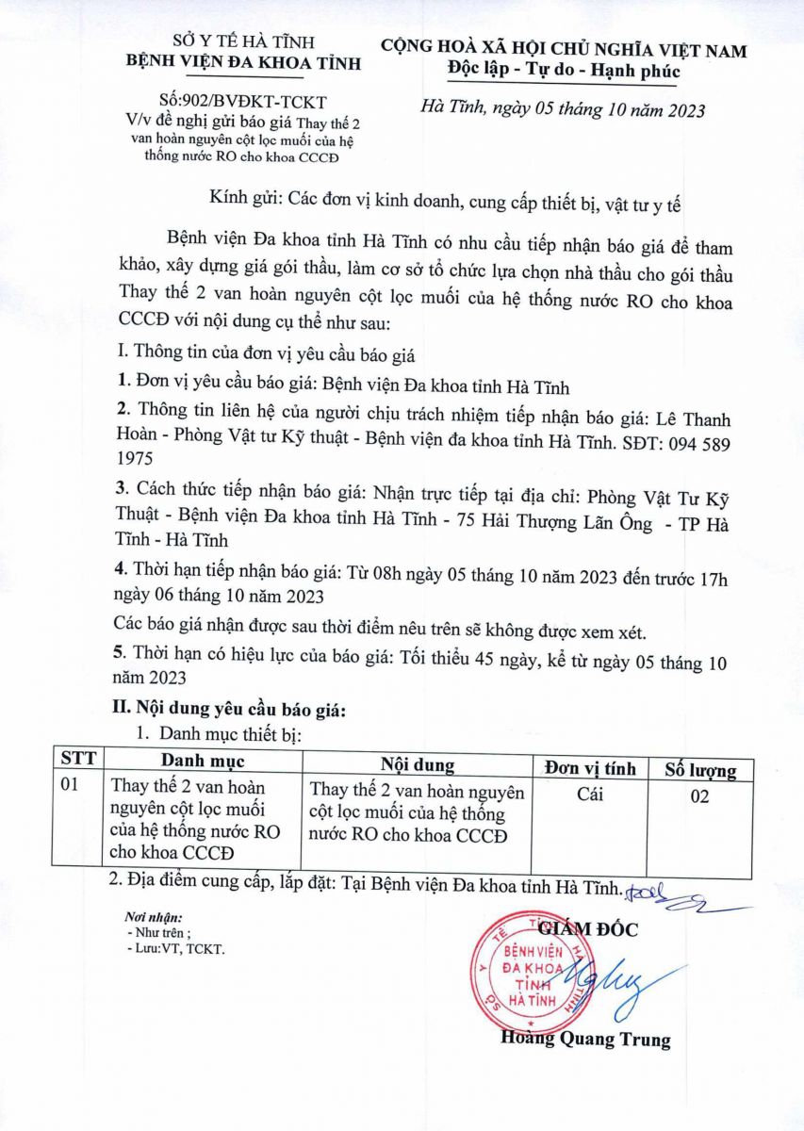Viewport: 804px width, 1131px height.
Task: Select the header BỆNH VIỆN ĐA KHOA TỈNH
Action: pyautogui.click(x=243, y=62)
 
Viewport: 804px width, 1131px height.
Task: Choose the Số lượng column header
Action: pyautogui.click(x=700, y=769)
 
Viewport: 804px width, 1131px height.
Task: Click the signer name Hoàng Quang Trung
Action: pyautogui.click(x=585, y=1041)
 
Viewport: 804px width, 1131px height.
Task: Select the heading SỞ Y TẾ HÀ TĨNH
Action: pyautogui.click(x=243, y=41)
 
